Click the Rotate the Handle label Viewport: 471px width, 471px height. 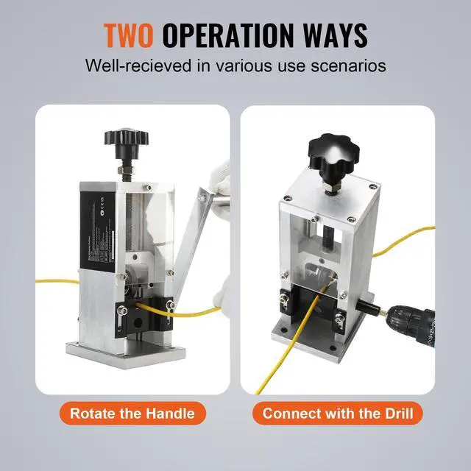(x=132, y=413)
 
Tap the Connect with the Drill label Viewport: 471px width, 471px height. (x=336, y=413)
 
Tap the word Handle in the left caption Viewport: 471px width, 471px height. (x=171, y=413)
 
